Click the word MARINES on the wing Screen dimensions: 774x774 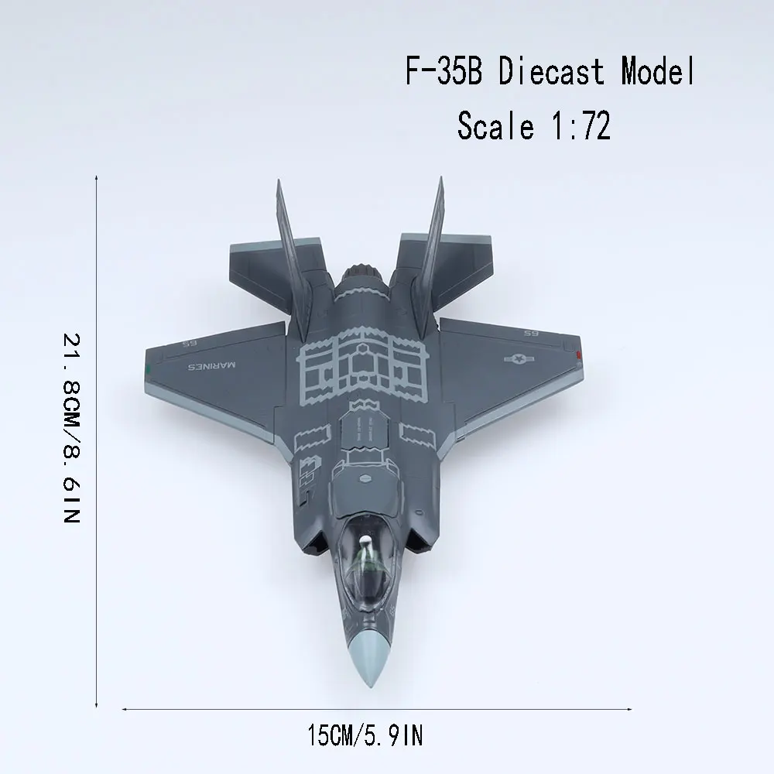coord(212,366)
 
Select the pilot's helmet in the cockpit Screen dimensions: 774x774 coord(365,543)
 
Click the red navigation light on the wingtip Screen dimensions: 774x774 coord(577,354)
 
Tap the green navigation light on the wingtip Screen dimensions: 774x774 coord(148,367)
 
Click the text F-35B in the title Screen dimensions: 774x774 coord(444,71)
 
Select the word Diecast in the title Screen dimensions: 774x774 coord(551,71)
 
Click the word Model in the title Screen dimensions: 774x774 coord(657,71)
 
